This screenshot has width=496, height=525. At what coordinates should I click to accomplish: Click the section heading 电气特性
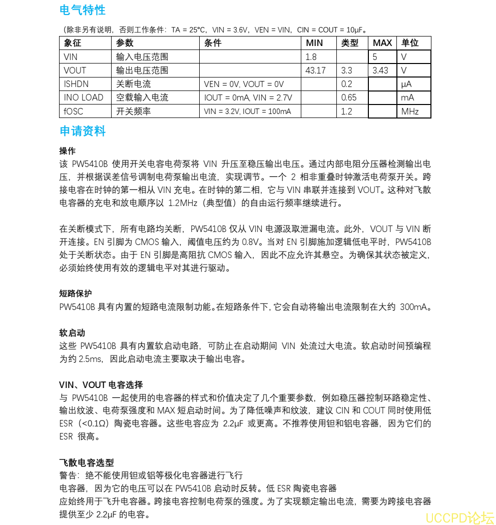click(83, 10)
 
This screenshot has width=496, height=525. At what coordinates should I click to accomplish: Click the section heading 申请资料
click(83, 131)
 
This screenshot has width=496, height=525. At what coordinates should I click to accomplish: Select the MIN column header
click(314, 43)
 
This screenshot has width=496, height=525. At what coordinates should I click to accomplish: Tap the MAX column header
click(382, 43)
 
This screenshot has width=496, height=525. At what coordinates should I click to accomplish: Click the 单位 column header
click(410, 43)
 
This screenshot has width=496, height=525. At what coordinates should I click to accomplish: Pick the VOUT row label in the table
click(75, 70)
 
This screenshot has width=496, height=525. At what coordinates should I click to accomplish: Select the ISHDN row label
click(76, 84)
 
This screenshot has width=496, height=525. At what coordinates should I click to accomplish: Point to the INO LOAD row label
click(84, 97)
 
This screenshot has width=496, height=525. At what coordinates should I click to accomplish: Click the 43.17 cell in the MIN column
click(315, 70)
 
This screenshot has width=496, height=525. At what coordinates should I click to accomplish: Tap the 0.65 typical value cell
click(349, 97)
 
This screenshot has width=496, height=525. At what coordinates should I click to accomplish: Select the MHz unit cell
click(410, 111)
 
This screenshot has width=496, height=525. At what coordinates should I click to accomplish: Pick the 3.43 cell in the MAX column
click(380, 70)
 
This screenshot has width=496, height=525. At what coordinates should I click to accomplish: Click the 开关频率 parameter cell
click(134, 111)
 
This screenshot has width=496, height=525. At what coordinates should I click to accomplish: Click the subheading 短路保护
click(76, 293)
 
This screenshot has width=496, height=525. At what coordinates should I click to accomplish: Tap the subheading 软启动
click(72, 332)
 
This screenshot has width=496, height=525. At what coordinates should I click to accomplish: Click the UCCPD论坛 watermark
click(459, 517)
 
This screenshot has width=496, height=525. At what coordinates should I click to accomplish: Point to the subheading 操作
click(68, 150)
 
